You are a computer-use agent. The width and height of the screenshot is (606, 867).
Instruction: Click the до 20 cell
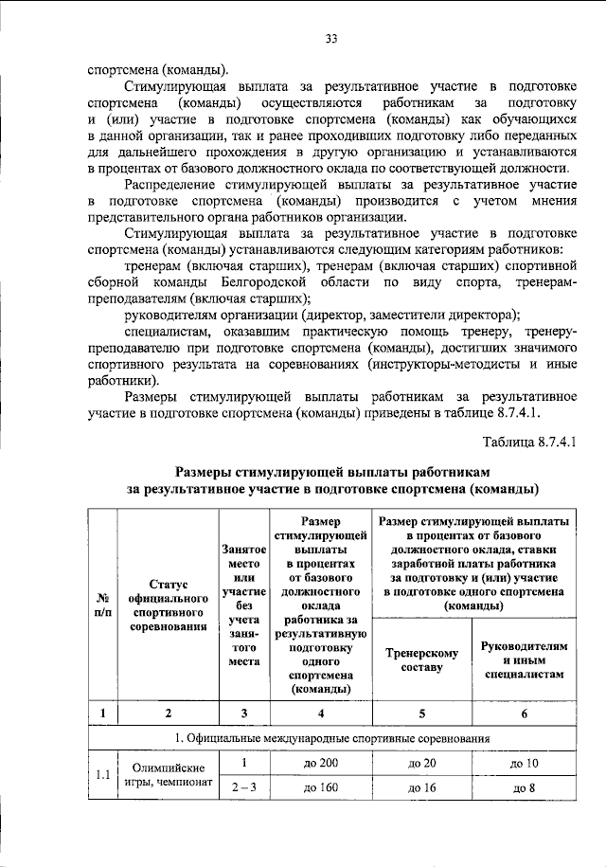[419, 763]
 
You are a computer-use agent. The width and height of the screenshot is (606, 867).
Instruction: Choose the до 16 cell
[419, 786]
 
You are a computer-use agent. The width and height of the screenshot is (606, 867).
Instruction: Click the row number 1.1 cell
[101, 776]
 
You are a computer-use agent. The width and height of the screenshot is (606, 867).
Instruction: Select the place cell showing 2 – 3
[243, 786]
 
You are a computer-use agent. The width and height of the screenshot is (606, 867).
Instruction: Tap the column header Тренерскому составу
[419, 659]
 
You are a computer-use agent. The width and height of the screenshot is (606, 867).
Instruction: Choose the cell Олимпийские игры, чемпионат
[167, 775]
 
